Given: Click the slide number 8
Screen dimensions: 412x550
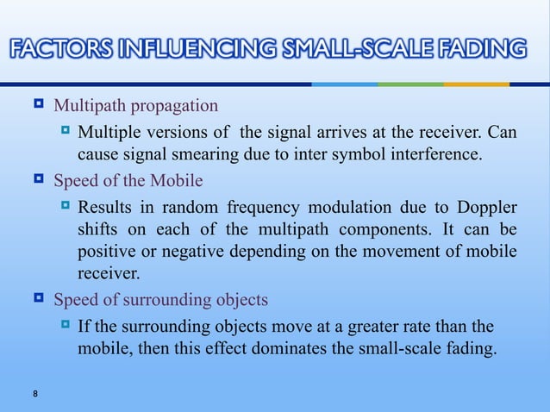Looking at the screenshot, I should [x=34, y=395].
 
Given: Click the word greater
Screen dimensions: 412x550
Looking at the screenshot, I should [x=399, y=327].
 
